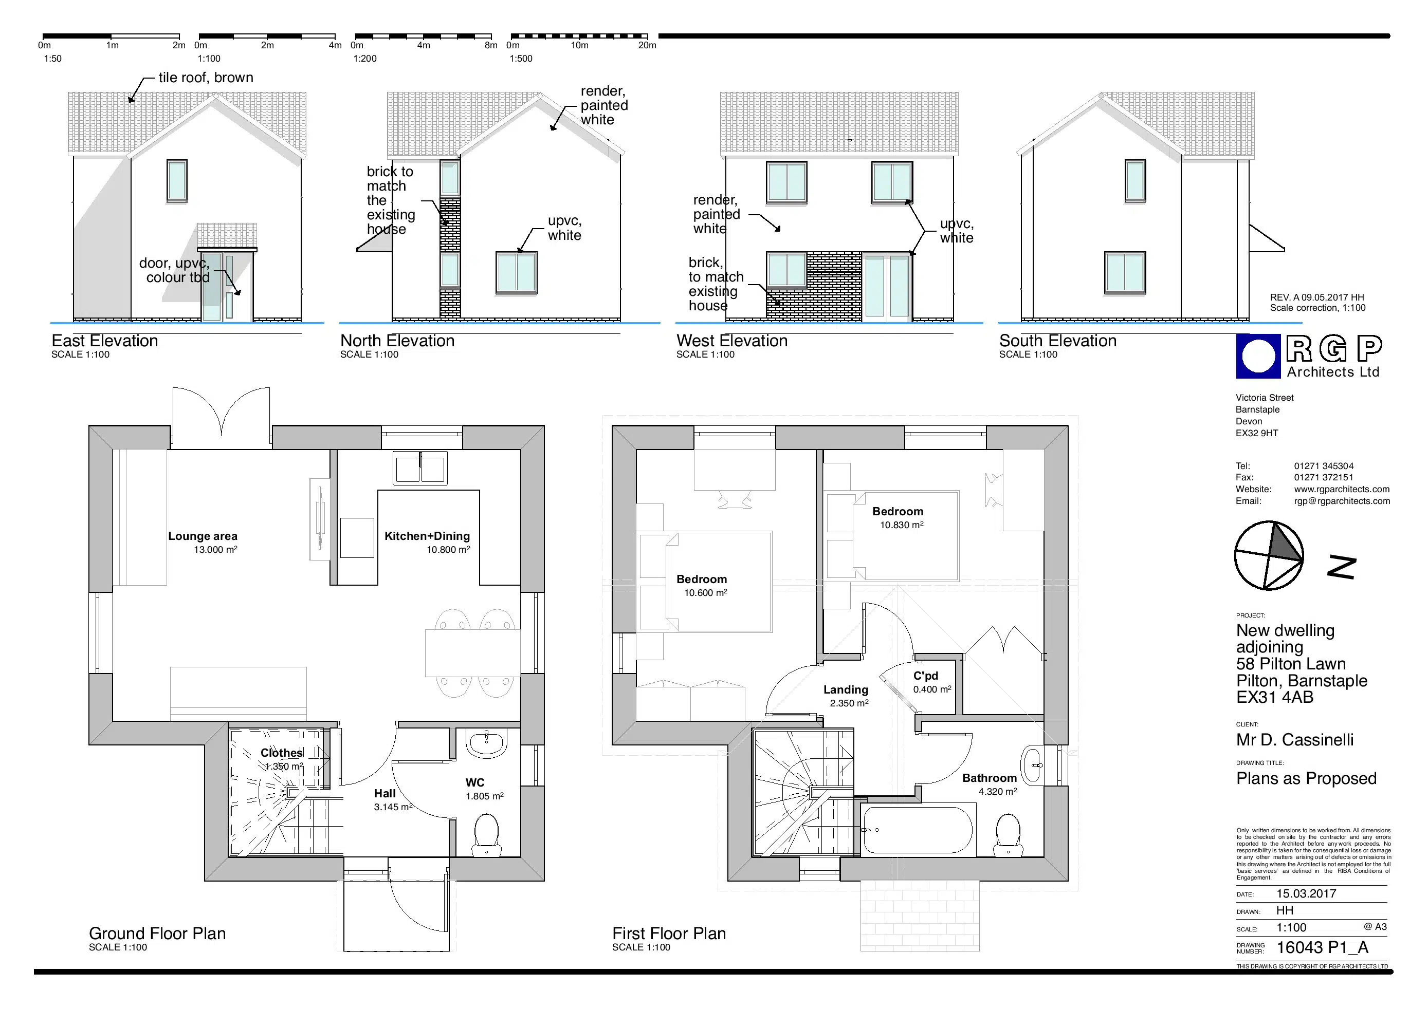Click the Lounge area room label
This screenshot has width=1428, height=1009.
click(203, 536)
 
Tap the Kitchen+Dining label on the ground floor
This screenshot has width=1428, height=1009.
click(427, 536)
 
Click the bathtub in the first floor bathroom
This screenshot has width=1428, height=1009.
click(917, 830)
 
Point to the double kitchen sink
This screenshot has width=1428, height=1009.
click(420, 468)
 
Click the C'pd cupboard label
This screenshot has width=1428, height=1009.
click(925, 676)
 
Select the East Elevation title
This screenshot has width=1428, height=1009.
click(104, 341)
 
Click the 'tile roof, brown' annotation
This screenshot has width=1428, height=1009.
click(206, 78)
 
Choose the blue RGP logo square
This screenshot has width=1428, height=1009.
click(1259, 356)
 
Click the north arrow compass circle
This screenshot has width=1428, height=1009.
click(1269, 555)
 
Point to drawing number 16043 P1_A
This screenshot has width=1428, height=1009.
click(1322, 947)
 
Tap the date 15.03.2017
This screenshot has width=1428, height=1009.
click(1306, 893)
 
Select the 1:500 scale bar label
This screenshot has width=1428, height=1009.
click(521, 59)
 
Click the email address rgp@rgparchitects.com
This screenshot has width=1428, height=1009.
click(1342, 501)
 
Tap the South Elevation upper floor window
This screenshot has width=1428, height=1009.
click(1135, 181)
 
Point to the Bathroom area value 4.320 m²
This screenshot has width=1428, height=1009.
click(998, 791)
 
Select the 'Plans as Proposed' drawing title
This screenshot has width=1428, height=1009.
click(1306, 778)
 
